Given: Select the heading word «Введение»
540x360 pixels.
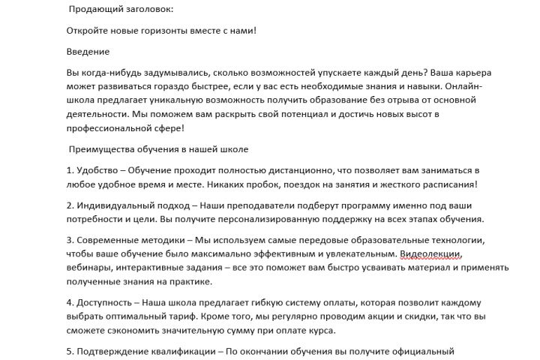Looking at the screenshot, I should click(88, 52).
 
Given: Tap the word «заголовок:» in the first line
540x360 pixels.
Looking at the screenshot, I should click(146, 9).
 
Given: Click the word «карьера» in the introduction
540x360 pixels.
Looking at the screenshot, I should click(469, 73).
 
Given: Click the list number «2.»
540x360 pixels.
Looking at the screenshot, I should click(70, 205).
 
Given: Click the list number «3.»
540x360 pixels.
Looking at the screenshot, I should click(70, 241).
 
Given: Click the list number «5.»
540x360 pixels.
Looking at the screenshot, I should click(70, 351).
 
